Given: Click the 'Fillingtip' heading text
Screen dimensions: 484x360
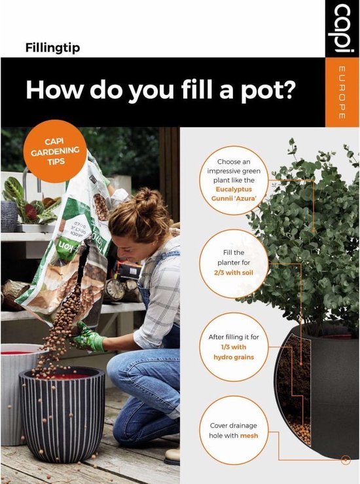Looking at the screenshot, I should [52, 47].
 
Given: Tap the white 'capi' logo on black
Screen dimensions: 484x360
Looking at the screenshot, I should [342, 29].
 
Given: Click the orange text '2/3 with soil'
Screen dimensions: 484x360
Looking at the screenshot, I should [234, 272].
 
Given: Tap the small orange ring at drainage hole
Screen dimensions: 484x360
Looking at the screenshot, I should [345, 461].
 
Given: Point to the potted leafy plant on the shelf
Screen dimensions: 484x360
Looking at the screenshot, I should [20, 203].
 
